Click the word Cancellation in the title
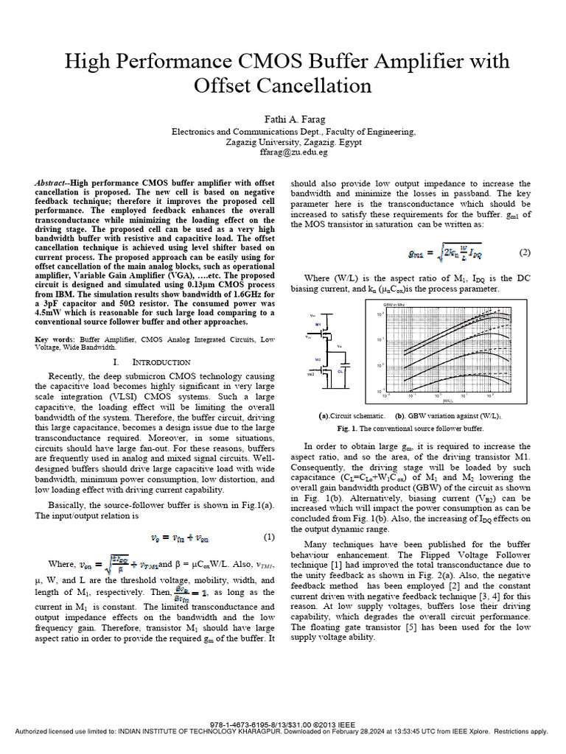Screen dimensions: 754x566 (283, 86)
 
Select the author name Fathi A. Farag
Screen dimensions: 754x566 (284, 119)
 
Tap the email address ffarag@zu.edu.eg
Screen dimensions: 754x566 (284, 152)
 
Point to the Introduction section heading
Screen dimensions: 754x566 (161, 362)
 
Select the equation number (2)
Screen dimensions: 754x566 (524, 253)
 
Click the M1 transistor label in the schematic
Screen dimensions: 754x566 (318, 324)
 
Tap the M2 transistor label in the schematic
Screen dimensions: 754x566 (318, 359)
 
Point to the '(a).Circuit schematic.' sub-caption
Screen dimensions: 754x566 (351, 415)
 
